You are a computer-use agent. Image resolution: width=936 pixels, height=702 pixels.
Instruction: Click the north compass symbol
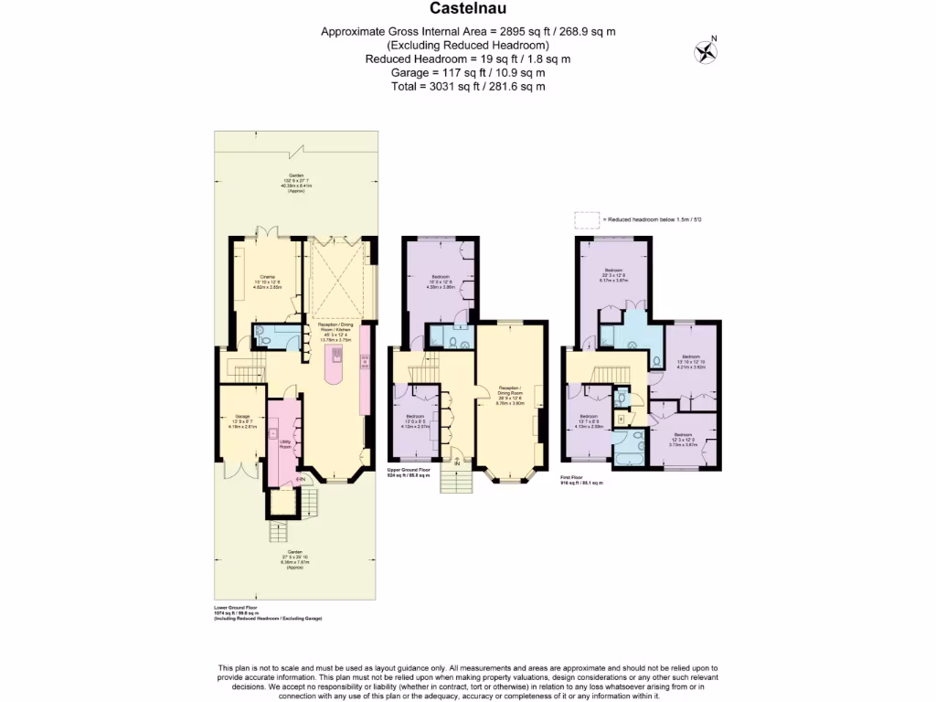[x=705, y=50]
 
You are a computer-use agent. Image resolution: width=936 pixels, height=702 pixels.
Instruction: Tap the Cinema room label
[x=268, y=280]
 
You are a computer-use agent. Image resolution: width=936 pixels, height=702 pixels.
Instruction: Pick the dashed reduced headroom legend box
[x=585, y=219]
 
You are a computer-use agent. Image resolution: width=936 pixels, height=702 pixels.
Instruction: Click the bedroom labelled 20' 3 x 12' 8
[x=613, y=275]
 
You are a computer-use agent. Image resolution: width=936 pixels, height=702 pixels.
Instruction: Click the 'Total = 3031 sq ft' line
[x=467, y=86]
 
